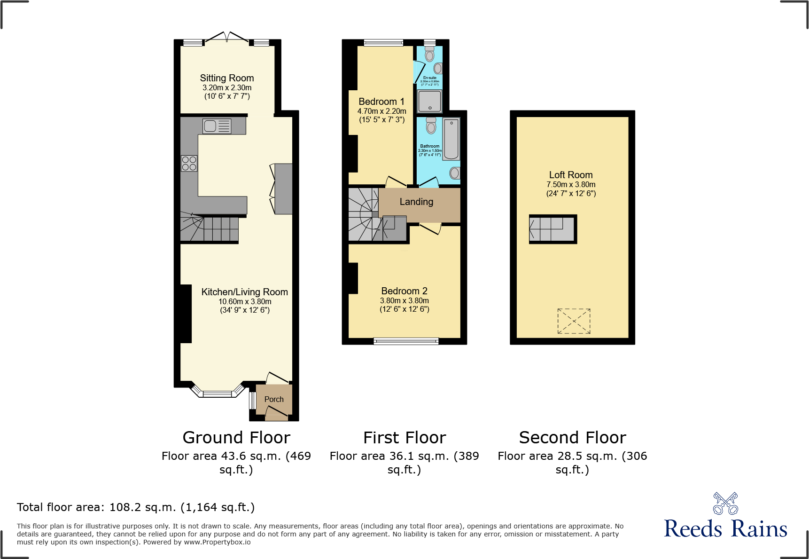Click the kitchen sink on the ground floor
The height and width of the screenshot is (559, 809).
click(217, 126)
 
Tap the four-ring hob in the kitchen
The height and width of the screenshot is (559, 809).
click(189, 164)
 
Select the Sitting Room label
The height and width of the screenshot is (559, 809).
click(226, 78)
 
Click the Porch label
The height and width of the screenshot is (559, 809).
click(274, 399)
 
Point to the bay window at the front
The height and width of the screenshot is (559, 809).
click(217, 394)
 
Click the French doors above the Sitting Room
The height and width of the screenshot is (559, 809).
click(227, 37)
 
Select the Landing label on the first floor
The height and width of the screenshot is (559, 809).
click(416, 202)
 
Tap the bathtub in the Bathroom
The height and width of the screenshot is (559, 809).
click(451, 139)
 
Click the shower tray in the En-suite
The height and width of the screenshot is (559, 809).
click(429, 101)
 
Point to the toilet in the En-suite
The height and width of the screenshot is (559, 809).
click(429, 54)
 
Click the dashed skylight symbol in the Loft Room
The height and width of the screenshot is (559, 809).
click(574, 321)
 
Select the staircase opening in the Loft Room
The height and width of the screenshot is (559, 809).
click(552, 229)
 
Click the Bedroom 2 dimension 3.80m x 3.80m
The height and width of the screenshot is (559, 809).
click(404, 300)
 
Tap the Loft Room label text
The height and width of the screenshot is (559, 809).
click(570, 175)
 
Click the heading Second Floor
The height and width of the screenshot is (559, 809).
click(572, 438)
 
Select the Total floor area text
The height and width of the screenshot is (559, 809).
click(136, 507)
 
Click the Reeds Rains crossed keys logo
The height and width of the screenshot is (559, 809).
click(725, 504)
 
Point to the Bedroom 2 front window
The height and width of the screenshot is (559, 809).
click(406, 341)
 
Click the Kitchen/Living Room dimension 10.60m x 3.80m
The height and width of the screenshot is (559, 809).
click(245, 301)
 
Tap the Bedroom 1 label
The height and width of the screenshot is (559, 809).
click(381, 102)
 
